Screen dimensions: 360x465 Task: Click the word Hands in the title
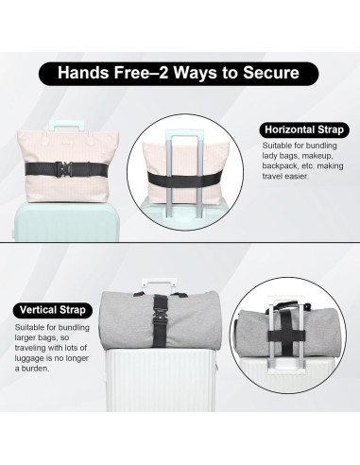[x=83, y=73]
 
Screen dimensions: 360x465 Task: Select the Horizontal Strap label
[x=304, y=129]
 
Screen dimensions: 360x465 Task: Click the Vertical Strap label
[x=53, y=310]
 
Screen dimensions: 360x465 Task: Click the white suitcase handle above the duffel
[x=158, y=284]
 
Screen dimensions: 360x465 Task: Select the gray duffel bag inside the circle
[x=288, y=334]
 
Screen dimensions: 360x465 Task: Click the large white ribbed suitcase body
[x=162, y=381]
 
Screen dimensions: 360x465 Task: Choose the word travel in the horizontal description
[x=272, y=177]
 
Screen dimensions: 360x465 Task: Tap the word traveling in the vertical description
[x=30, y=348]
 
